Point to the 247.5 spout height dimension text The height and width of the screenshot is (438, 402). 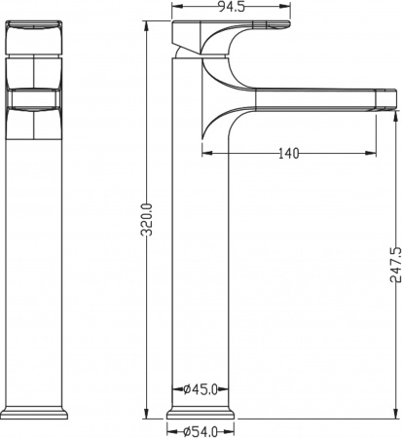click(393, 264)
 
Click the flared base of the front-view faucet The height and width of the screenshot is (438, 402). click(36, 409)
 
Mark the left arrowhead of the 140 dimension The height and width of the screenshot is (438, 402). click(206, 152)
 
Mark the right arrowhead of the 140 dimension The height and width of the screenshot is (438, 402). click(373, 152)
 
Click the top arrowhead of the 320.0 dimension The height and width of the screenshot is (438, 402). click(146, 21)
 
